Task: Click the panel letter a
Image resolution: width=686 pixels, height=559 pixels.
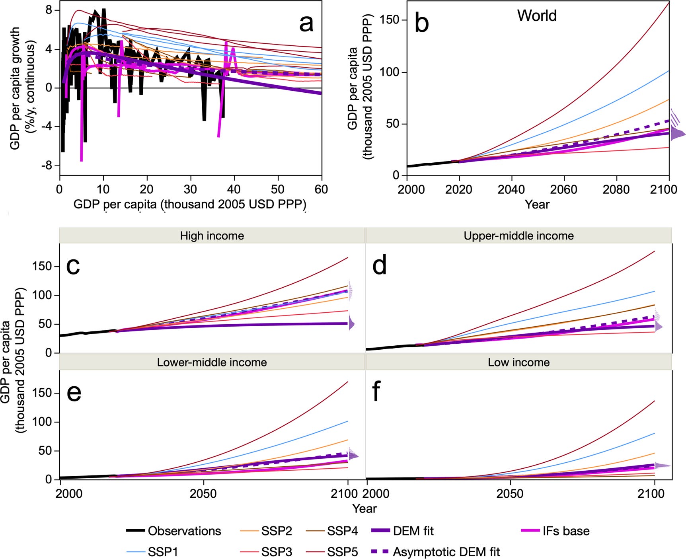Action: tap(306, 23)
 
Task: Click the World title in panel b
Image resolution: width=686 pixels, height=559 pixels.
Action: tap(536, 16)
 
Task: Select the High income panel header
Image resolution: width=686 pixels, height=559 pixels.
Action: tap(212, 236)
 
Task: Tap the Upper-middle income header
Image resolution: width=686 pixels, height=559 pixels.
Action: tap(518, 236)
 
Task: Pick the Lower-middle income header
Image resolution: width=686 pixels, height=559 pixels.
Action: tap(212, 362)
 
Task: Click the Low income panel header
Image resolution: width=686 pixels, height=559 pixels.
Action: tap(518, 362)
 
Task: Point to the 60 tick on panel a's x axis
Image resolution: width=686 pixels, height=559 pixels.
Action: tap(321, 189)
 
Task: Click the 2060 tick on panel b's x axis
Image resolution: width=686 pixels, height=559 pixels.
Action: tap(563, 189)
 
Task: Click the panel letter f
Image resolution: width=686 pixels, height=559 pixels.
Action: tap(376, 392)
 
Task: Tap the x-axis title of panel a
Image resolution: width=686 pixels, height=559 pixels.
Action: tap(190, 205)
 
